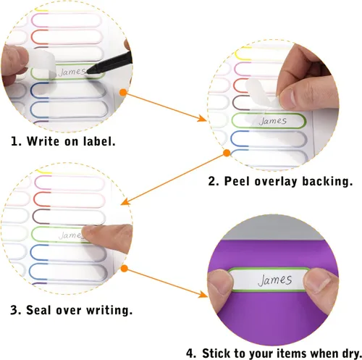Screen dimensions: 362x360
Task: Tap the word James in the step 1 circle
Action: (x=72, y=72)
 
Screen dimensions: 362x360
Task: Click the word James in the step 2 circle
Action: (x=273, y=121)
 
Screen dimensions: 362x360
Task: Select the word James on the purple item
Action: (x=275, y=280)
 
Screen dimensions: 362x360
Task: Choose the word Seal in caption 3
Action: (x=38, y=310)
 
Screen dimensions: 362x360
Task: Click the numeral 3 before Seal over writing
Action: (x=14, y=310)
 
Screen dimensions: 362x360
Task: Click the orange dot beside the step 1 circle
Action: (x=123, y=93)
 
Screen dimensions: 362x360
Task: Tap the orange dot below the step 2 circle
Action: (x=227, y=153)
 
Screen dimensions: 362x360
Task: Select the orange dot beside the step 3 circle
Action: (x=125, y=269)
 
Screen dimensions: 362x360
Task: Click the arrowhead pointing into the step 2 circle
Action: (x=203, y=118)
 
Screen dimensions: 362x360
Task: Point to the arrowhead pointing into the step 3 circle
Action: (x=125, y=201)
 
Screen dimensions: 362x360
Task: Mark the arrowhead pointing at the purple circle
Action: (x=203, y=294)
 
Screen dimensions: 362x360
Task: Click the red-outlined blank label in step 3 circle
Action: (x=70, y=200)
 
